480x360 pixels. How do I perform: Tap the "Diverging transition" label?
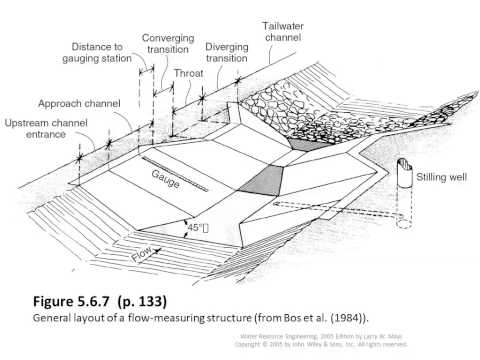click(227, 53)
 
